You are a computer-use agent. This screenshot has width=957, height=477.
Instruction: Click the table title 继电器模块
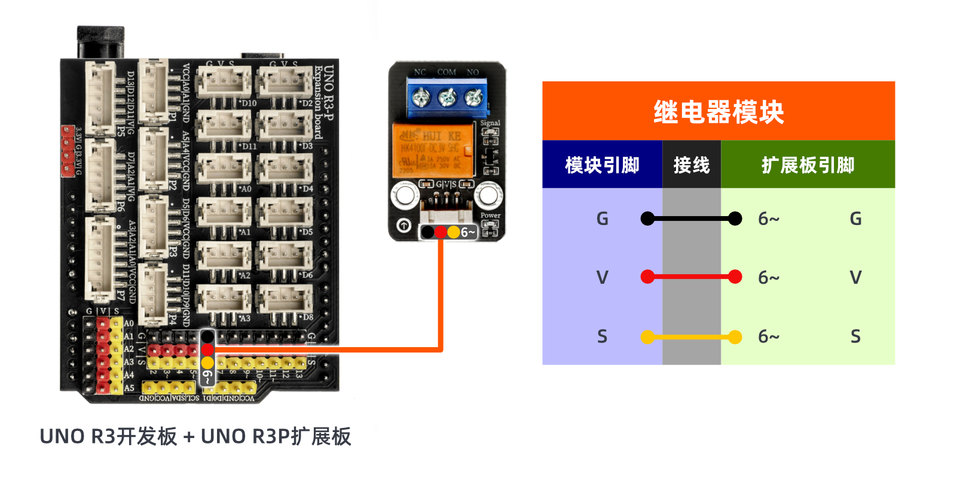[x=718, y=112]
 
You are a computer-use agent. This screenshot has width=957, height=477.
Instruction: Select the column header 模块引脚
[x=602, y=165]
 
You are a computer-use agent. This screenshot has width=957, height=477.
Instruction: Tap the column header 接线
[x=691, y=165]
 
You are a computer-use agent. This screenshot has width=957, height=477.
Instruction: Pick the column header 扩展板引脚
[x=808, y=165]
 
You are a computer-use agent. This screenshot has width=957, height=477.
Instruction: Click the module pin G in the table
[x=602, y=219]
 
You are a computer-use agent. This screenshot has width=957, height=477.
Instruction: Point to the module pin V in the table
[x=602, y=278]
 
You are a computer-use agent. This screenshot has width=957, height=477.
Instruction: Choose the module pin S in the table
[x=602, y=337]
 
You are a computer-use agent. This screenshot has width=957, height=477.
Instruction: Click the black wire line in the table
[x=691, y=219]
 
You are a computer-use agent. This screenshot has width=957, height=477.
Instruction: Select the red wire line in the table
[x=691, y=277]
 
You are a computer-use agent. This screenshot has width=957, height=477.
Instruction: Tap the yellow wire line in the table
[x=691, y=338]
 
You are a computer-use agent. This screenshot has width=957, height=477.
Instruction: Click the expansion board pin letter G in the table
[x=855, y=219]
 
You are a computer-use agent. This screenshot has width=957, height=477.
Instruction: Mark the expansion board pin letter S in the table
[x=855, y=337]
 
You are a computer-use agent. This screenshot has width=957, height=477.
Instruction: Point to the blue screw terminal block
[x=447, y=98]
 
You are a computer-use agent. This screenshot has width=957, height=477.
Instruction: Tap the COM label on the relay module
[x=447, y=72]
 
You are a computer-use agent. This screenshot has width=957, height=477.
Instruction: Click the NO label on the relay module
[x=473, y=72]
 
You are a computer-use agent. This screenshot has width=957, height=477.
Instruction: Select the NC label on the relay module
[x=420, y=72]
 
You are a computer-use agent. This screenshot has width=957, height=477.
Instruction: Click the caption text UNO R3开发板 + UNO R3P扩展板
[x=195, y=437]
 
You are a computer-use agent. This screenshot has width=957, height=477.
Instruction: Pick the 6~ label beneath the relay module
[x=468, y=232]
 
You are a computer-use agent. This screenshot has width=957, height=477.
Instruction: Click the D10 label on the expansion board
[x=249, y=103]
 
